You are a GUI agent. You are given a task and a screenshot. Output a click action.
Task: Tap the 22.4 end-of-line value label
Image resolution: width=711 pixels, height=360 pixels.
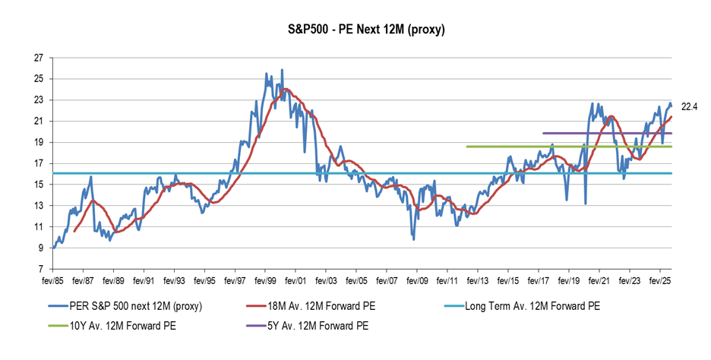point(689,106)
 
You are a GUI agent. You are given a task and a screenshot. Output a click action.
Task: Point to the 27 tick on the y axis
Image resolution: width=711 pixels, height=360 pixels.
point(39,57)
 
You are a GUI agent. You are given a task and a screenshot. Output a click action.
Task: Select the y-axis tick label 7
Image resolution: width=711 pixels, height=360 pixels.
point(41,269)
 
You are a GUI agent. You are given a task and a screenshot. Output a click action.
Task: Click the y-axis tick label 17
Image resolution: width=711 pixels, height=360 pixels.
point(39,163)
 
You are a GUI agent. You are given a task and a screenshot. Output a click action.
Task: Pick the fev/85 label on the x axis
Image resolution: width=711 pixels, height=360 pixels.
point(53,280)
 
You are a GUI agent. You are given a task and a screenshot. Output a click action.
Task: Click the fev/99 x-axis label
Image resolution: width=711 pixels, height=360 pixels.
point(265,280)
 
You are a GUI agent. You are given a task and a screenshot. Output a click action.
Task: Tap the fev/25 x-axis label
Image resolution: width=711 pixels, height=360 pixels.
point(659,280)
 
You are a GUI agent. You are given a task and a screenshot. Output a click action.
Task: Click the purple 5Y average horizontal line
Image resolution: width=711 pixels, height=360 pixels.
point(608,133)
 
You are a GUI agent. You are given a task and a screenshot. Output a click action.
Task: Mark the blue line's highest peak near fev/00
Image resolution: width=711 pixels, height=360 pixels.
point(282,69)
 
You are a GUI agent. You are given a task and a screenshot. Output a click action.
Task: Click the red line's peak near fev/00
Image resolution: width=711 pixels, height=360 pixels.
point(285,89)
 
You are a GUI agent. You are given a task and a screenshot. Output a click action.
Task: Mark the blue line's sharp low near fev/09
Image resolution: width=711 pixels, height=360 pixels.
point(413,240)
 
